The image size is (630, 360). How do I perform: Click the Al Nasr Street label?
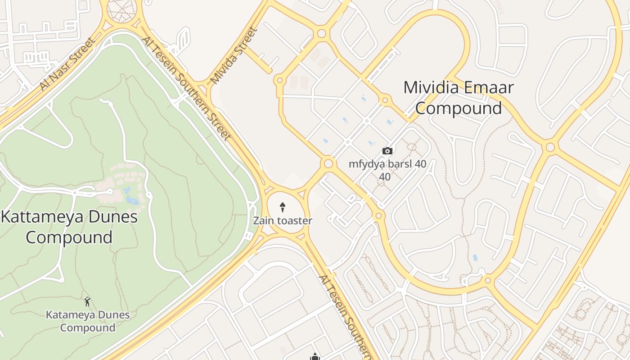click(67, 64)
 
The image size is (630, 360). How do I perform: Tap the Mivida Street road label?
click(234, 56)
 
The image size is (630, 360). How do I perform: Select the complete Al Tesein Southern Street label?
click(186, 88)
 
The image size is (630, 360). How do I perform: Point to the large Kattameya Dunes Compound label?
click(69, 227)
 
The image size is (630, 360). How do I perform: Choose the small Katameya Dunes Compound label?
click(88, 321)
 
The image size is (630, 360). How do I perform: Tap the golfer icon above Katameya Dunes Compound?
click(88, 301)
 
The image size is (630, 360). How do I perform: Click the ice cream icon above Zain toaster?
click(283, 207)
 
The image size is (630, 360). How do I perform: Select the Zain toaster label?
click(283, 221)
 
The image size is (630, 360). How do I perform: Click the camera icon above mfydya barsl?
click(387, 151)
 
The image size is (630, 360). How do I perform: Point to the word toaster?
click(294, 221)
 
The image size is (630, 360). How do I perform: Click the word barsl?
click(399, 164)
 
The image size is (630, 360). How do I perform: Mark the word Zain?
click(263, 221)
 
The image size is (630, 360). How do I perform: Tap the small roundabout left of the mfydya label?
click(328, 163)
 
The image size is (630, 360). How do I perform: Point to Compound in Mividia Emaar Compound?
click(458, 108)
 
